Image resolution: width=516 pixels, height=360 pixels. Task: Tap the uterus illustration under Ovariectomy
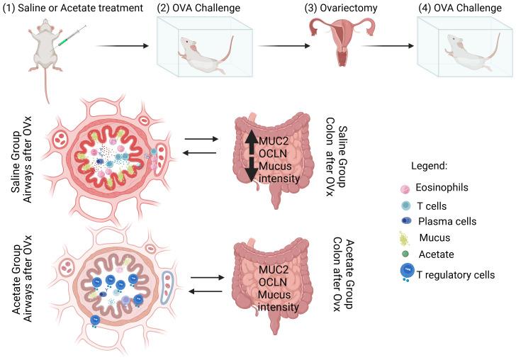(341, 43)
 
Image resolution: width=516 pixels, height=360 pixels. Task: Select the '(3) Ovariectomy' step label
(340, 8)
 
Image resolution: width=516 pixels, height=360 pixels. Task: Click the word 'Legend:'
(430, 166)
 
